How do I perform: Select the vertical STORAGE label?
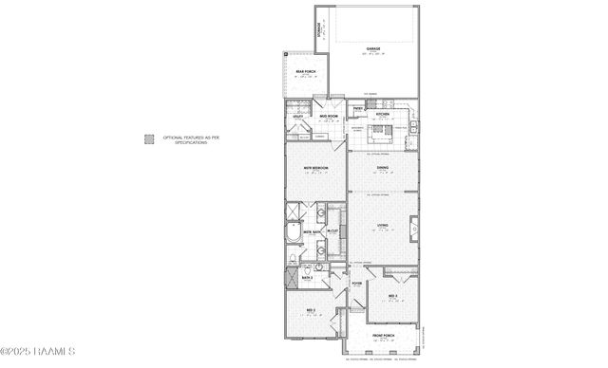click(320, 28)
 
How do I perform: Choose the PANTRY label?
click(358, 108)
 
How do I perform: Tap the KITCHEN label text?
click(382, 115)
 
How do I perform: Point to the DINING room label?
click(382, 169)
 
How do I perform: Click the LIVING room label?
click(382, 226)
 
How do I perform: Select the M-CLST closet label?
click(333, 231)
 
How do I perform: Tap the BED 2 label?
click(310, 311)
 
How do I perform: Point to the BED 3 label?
click(392, 297)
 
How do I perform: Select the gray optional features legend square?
click(149, 138)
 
